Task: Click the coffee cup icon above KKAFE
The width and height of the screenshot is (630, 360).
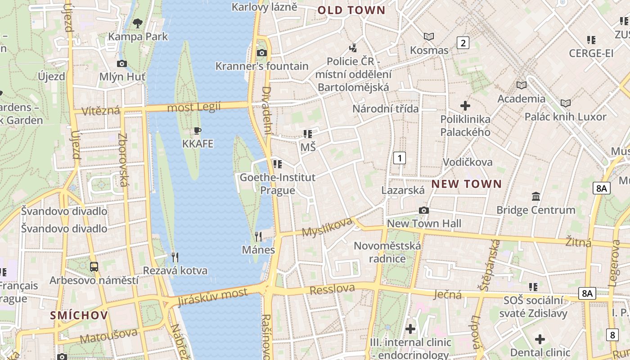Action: coord(197,131)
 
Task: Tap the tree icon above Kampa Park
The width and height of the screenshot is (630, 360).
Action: coord(138,22)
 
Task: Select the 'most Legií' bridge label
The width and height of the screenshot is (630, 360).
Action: coord(194,107)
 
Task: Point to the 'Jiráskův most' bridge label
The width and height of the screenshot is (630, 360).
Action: coord(212,297)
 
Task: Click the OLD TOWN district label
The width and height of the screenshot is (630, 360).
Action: coord(351,10)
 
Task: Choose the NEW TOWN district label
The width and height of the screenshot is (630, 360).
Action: coord(466,184)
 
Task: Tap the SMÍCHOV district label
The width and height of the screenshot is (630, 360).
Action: coord(79,315)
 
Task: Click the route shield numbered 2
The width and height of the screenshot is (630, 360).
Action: coord(463,43)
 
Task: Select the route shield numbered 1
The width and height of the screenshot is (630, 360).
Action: coord(399,158)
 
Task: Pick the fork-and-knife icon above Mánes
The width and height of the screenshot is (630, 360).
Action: coord(258,236)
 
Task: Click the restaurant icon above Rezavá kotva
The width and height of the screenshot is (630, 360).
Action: coord(175,257)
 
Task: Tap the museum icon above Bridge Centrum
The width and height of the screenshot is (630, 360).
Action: coord(536,197)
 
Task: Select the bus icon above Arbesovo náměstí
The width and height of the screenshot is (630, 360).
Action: coord(94,267)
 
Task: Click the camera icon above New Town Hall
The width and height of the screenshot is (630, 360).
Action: coord(423,210)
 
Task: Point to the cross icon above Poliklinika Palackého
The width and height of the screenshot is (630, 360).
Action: coord(465,106)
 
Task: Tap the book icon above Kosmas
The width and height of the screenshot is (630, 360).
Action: coord(429,36)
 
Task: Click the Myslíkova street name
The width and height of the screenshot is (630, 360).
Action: coord(327,227)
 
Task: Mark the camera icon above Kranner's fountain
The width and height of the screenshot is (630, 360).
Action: coord(261,53)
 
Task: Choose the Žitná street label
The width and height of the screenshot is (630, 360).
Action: coord(578,243)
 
